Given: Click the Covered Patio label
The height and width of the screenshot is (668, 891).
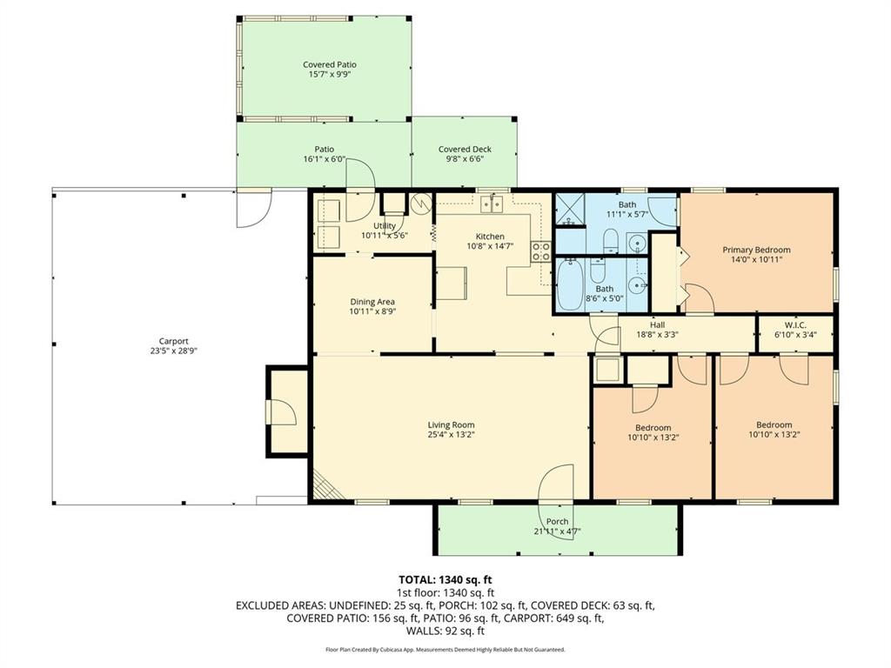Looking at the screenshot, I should pos(329,64).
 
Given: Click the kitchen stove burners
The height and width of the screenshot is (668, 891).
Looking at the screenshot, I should pos(541,252).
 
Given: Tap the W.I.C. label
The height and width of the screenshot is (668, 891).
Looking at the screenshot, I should pos(795,324).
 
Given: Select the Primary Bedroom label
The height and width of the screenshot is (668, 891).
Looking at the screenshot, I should pos(756,250).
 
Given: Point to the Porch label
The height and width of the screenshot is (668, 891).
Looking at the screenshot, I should pos(557,521).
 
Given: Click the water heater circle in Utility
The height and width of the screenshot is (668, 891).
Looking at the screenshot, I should pos(421,203).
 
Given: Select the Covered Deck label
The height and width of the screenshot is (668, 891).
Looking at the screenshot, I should pos(465,150).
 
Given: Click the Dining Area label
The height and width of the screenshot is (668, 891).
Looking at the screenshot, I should pos(372,302).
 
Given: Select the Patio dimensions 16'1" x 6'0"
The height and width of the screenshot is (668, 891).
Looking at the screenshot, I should pos(324,159).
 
